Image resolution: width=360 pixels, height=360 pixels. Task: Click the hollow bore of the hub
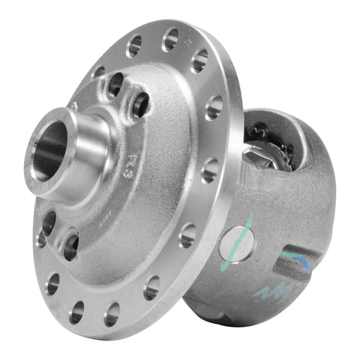pyautogui.click(x=52, y=149)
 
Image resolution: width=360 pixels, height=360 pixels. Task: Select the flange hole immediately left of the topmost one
pyautogui.click(x=134, y=46)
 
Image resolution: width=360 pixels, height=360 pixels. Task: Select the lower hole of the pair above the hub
pyautogui.click(x=140, y=105)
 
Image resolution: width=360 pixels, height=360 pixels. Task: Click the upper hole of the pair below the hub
pyautogui.click(x=49, y=220)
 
